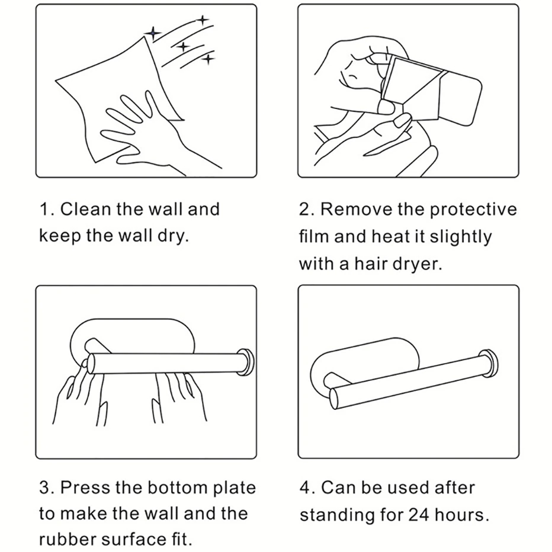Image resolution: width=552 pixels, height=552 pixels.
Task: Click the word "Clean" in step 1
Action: click(85, 209)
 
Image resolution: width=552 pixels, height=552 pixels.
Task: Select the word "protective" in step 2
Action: click(473, 210)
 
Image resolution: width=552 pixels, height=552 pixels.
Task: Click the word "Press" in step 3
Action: click(85, 488)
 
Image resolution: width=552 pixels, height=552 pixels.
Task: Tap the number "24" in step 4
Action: click(419, 515)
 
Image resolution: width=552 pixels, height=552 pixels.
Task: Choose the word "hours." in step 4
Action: click(462, 515)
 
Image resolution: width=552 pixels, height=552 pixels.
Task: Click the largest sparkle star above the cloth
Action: click(153, 33)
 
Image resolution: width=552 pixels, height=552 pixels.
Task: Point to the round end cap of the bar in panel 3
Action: click(245, 361)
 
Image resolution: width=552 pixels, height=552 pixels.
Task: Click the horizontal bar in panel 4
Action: click(410, 381)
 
